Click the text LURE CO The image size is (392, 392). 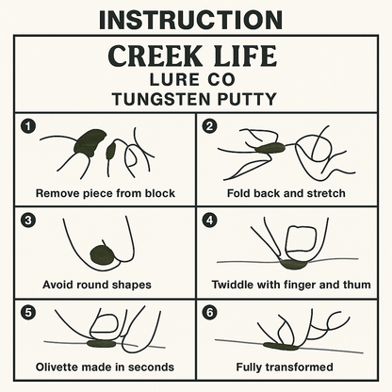(x=195, y=79)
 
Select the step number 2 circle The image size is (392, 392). (x=210, y=125)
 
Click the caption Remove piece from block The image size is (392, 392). (x=105, y=193)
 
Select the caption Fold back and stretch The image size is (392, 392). (x=286, y=193)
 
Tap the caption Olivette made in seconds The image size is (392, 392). (x=105, y=367)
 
